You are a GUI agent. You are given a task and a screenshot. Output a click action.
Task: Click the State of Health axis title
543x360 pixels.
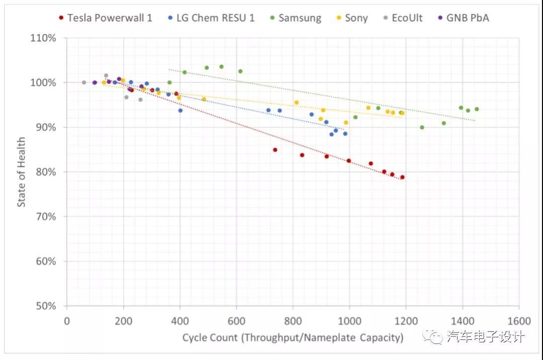(x=22, y=172)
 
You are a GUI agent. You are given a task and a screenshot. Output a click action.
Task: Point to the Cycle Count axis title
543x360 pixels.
(x=293, y=337)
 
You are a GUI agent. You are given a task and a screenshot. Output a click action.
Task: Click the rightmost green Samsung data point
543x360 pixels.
(x=477, y=109)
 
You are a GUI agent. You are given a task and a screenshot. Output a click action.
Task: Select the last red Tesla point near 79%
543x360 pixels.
(x=402, y=177)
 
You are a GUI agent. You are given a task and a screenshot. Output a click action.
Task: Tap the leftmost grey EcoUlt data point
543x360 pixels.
(x=84, y=82)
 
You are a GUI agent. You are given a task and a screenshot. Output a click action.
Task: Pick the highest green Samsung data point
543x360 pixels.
(x=221, y=66)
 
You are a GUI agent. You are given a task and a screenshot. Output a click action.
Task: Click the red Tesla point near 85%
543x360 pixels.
(x=275, y=150)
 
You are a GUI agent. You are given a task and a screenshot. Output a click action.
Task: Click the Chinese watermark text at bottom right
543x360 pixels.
(x=485, y=336)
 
